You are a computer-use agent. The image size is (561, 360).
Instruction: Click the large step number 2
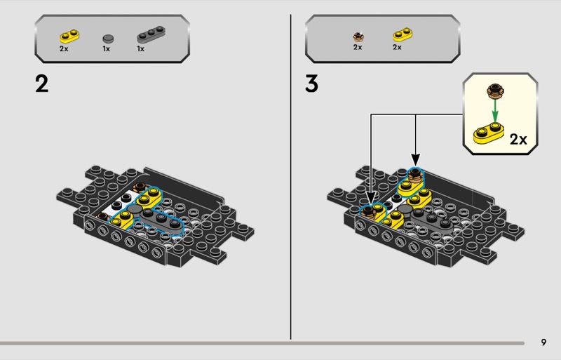pos(42,84)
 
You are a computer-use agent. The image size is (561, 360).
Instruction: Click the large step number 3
pos(311,84)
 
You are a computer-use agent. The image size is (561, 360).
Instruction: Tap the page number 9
pos(544,342)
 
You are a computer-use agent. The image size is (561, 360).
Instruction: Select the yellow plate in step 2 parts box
pos(69,36)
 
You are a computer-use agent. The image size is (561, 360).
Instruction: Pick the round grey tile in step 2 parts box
pos(108,39)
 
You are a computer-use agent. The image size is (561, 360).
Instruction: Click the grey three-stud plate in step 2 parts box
pos(151,34)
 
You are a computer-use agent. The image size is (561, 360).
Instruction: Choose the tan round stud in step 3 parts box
pos(358,36)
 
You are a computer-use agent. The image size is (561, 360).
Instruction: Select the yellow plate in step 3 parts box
pos(403,35)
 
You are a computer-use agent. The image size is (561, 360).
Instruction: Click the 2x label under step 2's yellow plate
pos(64,48)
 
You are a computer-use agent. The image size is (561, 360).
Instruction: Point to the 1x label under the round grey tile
pos(107,48)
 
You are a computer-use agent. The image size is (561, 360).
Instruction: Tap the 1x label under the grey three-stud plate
pos(141,48)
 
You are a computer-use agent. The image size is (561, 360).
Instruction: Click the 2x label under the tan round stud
pos(358,47)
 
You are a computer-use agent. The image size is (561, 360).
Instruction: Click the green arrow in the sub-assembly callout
pos(495,111)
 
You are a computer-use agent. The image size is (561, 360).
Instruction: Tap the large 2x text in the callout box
pos(518,140)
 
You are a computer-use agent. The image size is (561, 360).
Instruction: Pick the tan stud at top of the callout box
pos(495,91)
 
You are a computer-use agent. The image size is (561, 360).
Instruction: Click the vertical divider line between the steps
pos(290,177)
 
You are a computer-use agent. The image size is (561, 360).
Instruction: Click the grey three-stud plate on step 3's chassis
pos(432,220)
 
